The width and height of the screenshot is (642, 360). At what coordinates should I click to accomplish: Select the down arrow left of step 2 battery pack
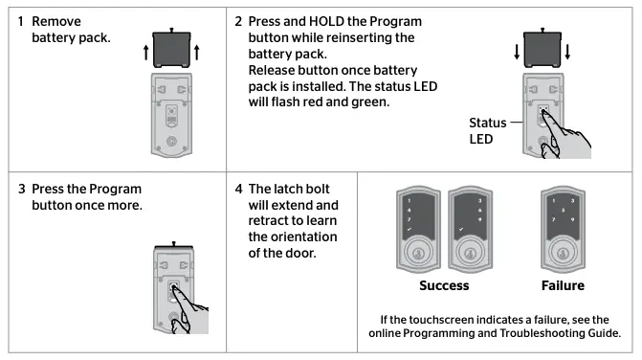coord(518,53)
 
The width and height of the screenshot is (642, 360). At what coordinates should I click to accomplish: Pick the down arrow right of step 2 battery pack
coord(568,53)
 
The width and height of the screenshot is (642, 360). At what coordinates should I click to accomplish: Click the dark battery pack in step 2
coord(542,44)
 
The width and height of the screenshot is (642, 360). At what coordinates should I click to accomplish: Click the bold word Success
coord(443,284)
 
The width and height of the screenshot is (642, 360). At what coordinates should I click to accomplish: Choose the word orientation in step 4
coord(288,237)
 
